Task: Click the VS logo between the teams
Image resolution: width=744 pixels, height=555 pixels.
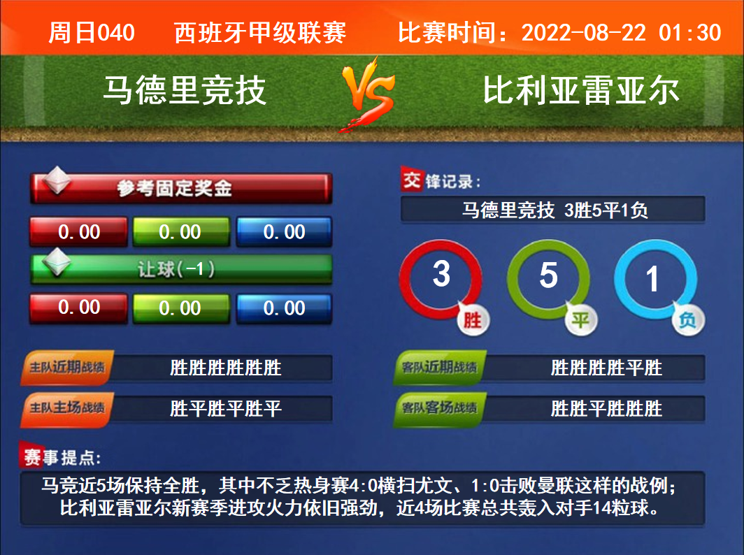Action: pos(369,94)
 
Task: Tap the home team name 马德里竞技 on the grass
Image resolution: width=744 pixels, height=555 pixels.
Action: pos(185,90)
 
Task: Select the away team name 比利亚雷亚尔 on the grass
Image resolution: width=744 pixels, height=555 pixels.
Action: pos(581,90)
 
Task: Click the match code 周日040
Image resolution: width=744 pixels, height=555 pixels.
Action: pos(92,33)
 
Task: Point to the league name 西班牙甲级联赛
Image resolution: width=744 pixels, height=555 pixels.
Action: pos(260,33)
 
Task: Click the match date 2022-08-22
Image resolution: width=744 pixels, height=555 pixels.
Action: pos(584,33)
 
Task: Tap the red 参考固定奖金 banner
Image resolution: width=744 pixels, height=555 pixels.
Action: pos(181,188)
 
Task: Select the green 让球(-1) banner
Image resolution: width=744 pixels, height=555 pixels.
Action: pos(181,269)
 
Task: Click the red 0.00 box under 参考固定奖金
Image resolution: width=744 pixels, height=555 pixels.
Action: pos(79,232)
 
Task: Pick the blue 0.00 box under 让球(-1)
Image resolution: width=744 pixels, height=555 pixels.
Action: pos(284,308)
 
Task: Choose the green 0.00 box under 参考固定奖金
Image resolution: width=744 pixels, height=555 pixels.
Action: pos(181,232)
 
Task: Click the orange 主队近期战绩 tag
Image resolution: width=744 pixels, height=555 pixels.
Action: pos(67,367)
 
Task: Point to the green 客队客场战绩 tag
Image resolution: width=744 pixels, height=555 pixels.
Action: pos(440,408)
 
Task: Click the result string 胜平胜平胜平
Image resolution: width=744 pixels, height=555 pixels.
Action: pos(226,408)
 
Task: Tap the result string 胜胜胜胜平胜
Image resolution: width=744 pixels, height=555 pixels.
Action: pos(606,368)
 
